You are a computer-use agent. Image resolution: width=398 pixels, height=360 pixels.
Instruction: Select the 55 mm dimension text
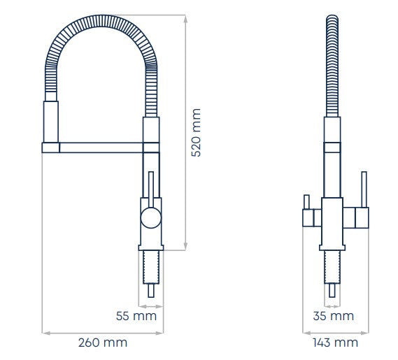136,316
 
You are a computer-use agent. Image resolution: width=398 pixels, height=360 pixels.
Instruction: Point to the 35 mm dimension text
333,316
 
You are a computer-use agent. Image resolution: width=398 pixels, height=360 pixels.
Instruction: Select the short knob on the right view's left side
305,203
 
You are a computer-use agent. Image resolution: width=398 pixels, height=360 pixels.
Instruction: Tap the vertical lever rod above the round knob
149,189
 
